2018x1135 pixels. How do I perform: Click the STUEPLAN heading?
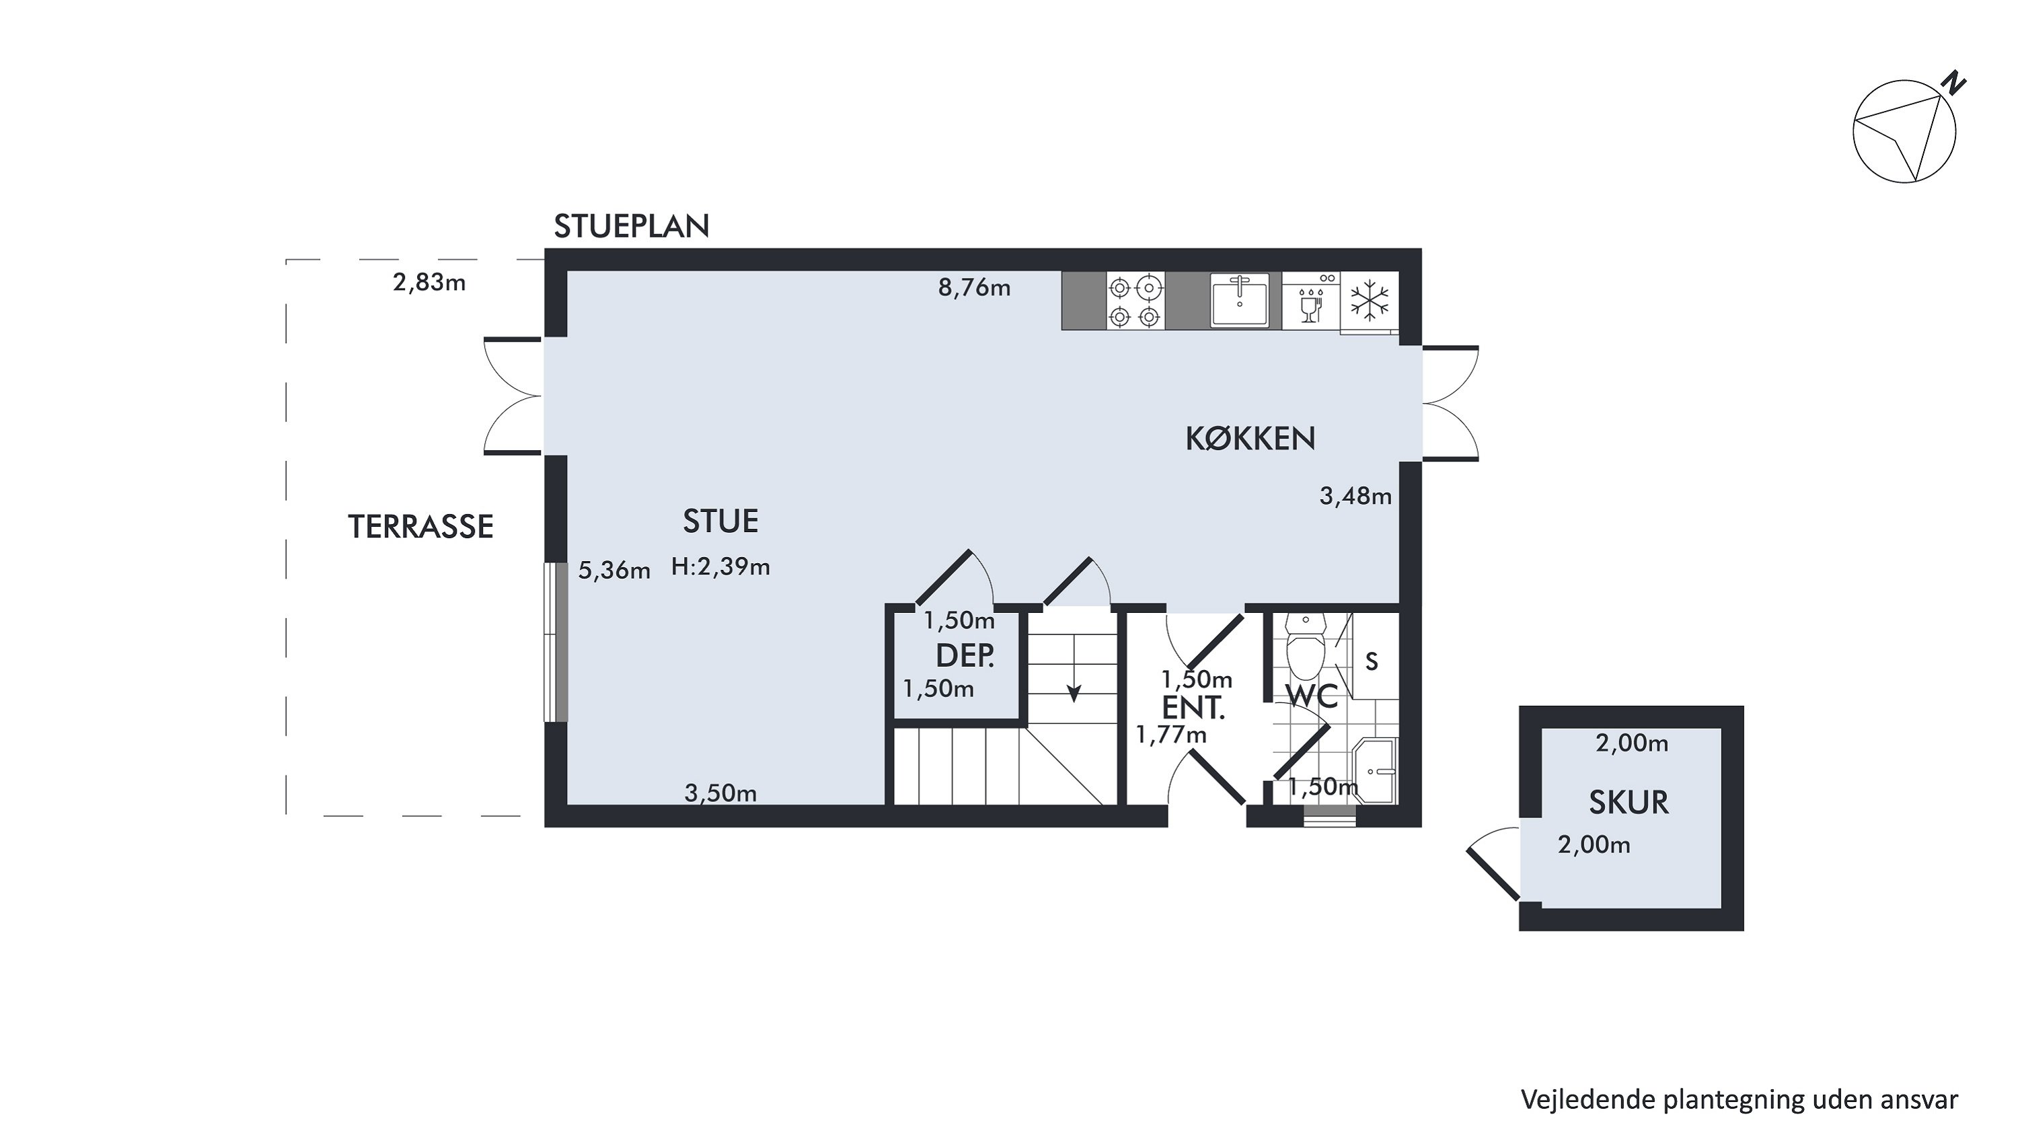coord(632,226)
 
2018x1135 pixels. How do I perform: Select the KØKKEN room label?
coord(1250,439)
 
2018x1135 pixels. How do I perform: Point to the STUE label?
coord(720,521)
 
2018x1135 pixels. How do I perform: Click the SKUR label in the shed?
coord(1629,802)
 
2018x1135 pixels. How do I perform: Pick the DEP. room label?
coord(965,655)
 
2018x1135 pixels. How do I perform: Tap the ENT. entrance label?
coord(1193,708)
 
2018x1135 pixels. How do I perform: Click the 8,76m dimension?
coord(975,287)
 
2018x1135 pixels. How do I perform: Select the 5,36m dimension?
coord(614,571)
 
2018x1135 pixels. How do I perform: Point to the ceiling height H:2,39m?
coord(720,566)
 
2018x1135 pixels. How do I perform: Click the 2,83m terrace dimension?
coord(429,282)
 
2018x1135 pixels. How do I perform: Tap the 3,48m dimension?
coord(1356,496)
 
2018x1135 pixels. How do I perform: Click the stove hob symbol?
coord(1134,301)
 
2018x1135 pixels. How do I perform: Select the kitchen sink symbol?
coord(1239,300)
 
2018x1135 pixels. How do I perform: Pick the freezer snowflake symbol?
coord(1370,301)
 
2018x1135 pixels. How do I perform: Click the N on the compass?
coord(1955,82)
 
